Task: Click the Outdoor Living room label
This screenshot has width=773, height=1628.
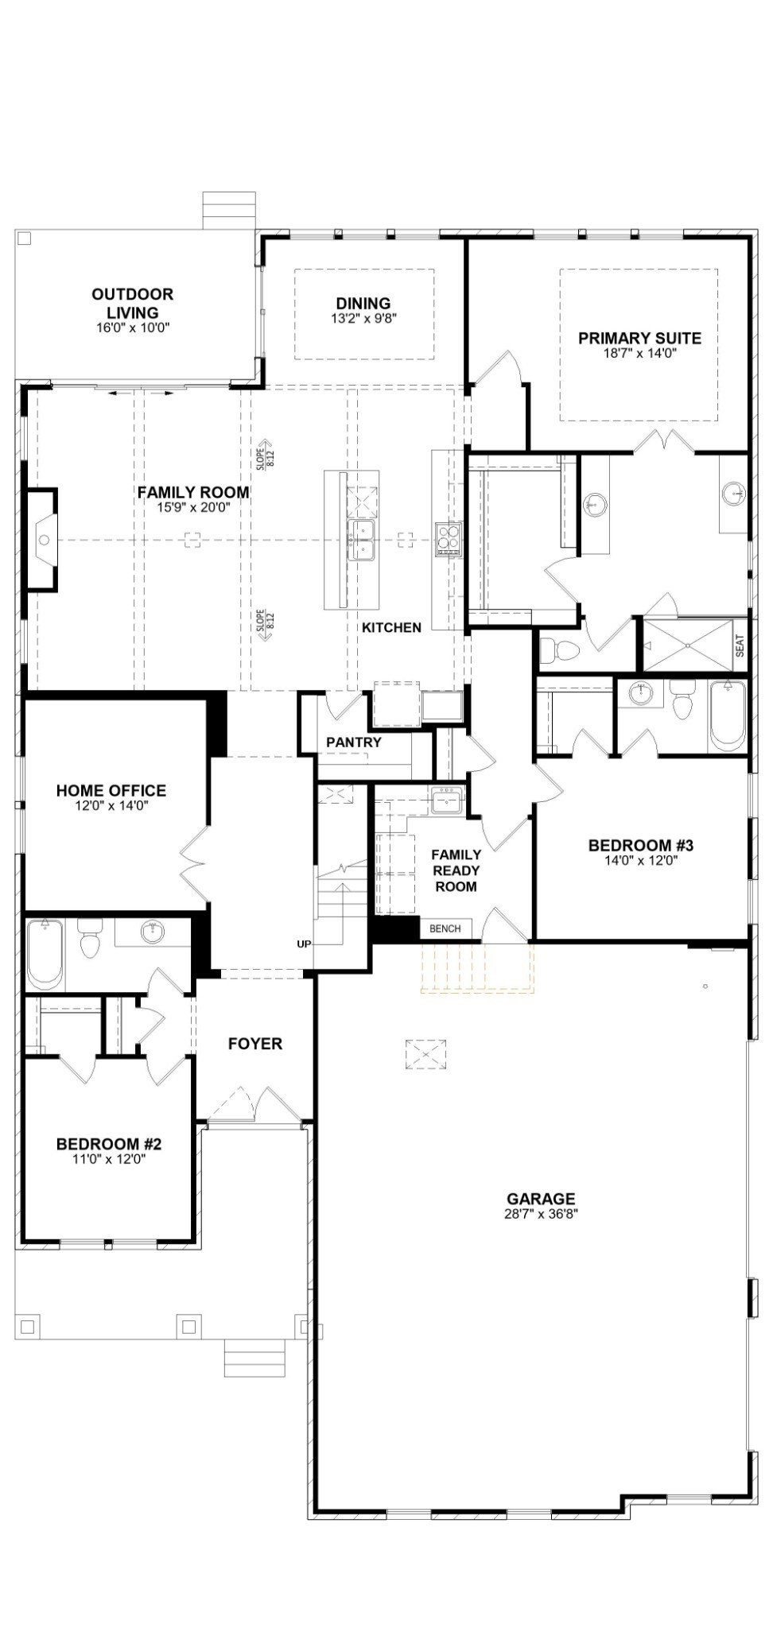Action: pos(132,304)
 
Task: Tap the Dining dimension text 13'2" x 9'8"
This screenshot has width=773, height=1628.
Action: pos(363,319)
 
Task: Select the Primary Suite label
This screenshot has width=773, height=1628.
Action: pos(639,338)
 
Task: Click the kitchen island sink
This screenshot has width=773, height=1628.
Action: pos(362,541)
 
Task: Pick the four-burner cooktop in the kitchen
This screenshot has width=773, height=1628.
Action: pos(446,539)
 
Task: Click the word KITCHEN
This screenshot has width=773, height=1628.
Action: pos(391,628)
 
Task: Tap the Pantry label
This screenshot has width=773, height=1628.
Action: pos(354,742)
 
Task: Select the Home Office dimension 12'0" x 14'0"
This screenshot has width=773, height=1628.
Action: pos(111,805)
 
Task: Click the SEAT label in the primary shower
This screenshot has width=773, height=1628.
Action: pos(740,645)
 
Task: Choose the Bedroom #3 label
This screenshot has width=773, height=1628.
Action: pos(641,845)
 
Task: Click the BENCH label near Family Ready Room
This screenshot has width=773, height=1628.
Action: pos(445,928)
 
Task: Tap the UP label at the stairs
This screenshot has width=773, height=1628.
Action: pos(304,944)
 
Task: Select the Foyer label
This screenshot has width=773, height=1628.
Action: pos(254,1044)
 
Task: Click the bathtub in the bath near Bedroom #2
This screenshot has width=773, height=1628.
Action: pos(45,953)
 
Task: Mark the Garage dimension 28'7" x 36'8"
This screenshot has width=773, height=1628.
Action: pos(540,1214)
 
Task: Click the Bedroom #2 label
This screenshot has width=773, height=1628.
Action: pos(108,1144)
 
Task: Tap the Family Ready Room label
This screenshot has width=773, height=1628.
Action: pos(456,870)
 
